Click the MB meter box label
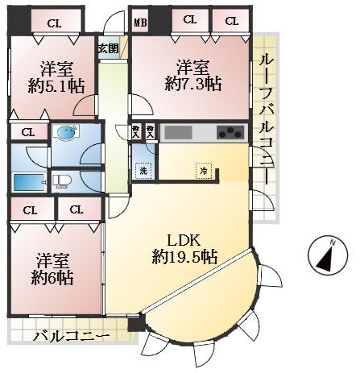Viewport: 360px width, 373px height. pos(140,23)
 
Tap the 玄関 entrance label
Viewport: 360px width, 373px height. pos(108,49)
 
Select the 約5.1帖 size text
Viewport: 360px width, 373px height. pos(56,86)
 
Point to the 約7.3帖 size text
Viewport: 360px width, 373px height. pos(193,84)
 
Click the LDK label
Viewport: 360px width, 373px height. pos(184,241)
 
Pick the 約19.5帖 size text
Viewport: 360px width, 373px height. pos(184,257)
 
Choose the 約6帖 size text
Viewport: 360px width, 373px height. pos(52,278)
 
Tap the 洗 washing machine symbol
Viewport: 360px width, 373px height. pos(143,171)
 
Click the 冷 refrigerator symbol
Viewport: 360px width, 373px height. pos(204,171)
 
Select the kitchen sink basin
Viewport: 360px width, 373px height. pos(178,133)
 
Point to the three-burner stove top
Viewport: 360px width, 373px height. pos(231,132)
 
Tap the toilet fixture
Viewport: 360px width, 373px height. pos(62,181)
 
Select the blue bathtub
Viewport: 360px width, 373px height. pos(29,183)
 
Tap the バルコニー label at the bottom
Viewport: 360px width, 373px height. pos(72,336)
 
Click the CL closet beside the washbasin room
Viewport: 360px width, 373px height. pos(28,132)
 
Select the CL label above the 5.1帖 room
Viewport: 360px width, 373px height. pos(54,23)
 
